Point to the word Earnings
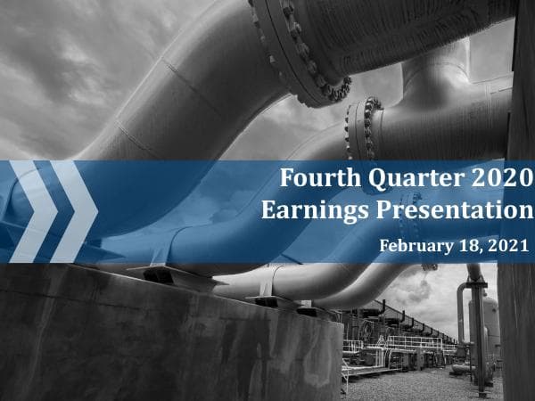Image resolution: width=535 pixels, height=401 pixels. (x=310, y=211)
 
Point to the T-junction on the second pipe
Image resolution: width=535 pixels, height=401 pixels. (x=428, y=89)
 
